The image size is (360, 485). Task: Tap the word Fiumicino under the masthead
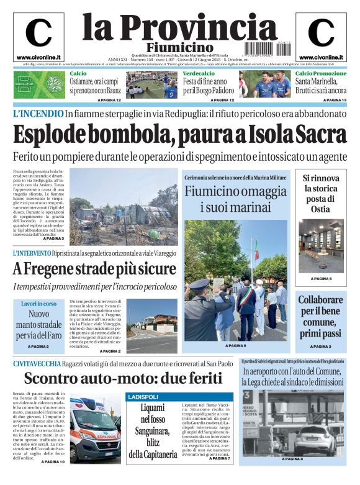pyautogui.click(x=179, y=48)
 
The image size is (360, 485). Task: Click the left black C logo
pyautogui.click(x=38, y=33)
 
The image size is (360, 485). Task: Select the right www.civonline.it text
pyautogui.click(x=321, y=57)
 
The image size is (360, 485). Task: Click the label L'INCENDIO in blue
pyautogui.click(x=38, y=114)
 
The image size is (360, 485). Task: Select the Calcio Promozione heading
pyautogui.click(x=321, y=74)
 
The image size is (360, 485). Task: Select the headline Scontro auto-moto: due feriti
pyautogui.click(x=122, y=378)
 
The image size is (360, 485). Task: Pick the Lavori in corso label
pyautogui.click(x=38, y=304)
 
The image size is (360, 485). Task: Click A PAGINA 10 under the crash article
pyautogui.click(x=53, y=462)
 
